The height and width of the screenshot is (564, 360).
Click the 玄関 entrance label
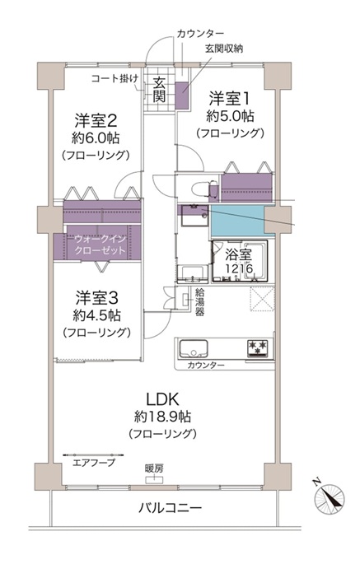[159, 90]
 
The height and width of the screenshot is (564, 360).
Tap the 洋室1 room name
[230, 99]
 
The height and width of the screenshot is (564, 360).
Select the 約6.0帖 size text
[96, 138]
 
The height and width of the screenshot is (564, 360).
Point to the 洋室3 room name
[96, 298]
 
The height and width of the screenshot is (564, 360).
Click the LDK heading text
[162, 399]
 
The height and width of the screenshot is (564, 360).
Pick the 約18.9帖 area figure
[162, 417]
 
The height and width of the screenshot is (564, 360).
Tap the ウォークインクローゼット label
[100, 245]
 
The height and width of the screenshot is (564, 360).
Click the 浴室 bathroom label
[238, 254]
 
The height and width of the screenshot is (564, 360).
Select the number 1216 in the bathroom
[239, 268]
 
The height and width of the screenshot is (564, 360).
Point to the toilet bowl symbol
[203, 189]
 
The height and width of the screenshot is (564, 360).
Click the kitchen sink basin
[194, 348]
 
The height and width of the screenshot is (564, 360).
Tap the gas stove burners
[258, 347]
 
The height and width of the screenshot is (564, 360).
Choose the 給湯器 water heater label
[200, 301]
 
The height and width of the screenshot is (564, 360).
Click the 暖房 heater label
[154, 468]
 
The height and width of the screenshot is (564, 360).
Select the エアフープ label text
[94, 463]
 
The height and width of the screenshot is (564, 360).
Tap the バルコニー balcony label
[171, 508]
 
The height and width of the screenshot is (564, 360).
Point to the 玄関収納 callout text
[224, 49]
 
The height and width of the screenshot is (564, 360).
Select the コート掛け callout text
[115, 78]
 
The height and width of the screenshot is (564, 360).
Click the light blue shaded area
[237, 221]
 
